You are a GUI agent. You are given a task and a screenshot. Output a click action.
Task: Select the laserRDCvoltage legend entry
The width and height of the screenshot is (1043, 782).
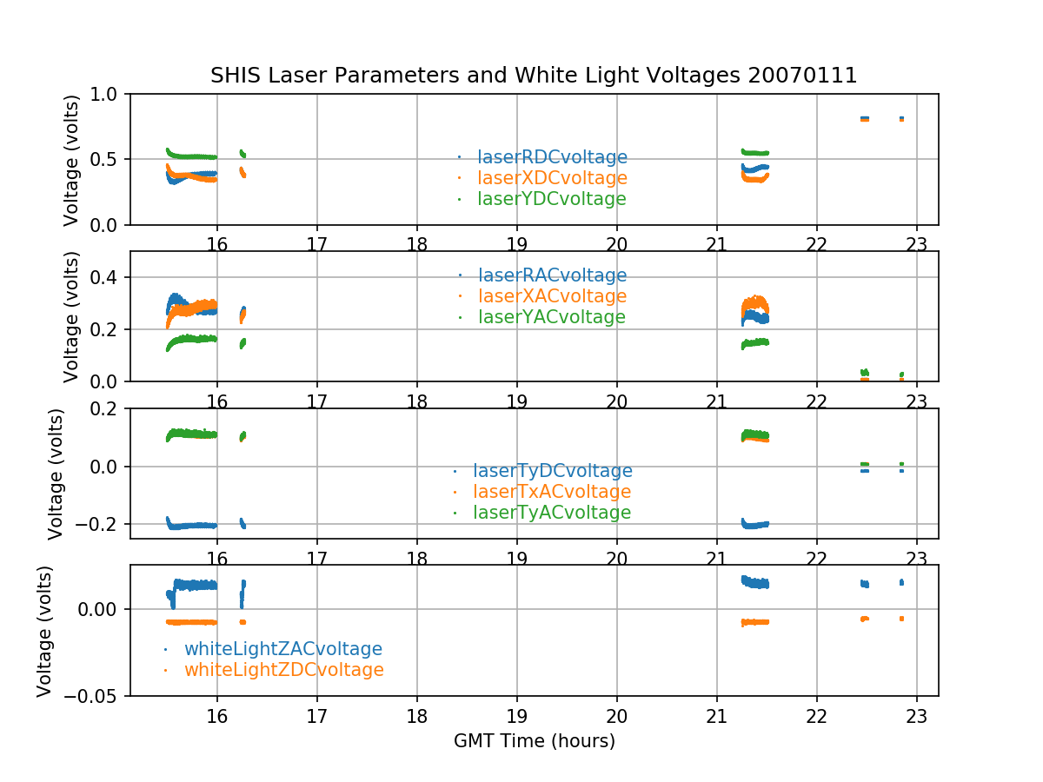[x=552, y=157]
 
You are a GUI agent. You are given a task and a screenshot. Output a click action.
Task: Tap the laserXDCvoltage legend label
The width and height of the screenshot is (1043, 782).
[x=552, y=178]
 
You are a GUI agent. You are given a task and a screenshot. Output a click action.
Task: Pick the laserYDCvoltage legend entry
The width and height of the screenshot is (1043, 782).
[x=552, y=199]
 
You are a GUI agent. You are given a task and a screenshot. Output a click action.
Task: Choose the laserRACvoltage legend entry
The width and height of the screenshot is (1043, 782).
[x=552, y=275]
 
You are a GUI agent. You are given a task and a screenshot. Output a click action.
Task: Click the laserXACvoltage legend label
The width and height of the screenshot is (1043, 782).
[x=552, y=296]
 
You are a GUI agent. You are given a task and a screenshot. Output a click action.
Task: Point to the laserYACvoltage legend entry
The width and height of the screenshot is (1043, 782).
[x=552, y=317]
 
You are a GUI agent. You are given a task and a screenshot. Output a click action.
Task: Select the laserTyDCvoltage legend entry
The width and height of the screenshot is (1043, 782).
[x=552, y=471]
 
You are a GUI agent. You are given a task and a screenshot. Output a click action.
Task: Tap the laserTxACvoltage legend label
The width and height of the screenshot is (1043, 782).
[x=552, y=492]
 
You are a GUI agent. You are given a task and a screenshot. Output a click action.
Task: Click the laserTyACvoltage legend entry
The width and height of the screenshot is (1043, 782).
[x=552, y=513]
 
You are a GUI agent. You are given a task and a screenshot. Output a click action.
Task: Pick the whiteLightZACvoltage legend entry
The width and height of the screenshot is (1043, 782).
[x=282, y=649]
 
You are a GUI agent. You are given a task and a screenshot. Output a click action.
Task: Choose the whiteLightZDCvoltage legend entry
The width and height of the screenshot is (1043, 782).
[x=283, y=670]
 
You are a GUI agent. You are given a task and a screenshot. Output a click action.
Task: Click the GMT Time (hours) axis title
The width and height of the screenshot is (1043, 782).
[x=534, y=741]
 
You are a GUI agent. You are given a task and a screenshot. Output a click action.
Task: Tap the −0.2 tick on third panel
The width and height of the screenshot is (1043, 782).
[x=96, y=524]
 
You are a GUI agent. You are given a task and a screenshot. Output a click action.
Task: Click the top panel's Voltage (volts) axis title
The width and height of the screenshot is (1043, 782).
[x=71, y=160]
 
